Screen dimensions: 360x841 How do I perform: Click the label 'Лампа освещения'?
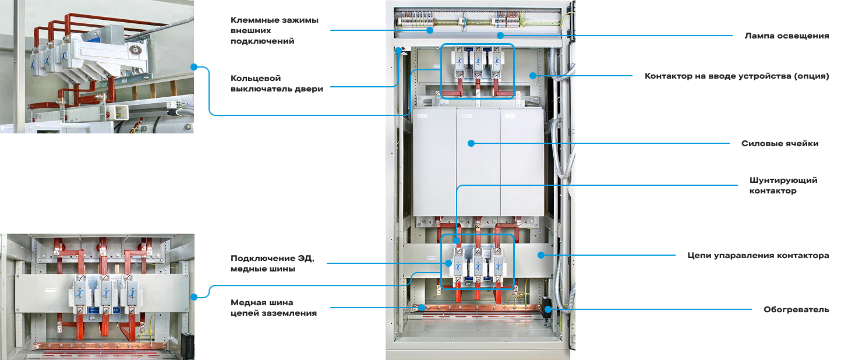tap(786, 36)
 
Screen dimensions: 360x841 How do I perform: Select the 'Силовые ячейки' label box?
tap(780, 143)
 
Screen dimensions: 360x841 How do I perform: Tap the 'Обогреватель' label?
tap(796, 309)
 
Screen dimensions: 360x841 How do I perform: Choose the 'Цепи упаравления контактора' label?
tap(758, 255)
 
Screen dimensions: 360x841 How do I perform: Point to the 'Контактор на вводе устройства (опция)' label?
tap(736, 76)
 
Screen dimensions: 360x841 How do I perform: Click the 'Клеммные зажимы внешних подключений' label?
tap(275, 30)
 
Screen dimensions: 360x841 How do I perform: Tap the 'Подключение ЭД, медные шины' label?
tap(272, 263)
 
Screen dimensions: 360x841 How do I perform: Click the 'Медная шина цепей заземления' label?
tap(274, 308)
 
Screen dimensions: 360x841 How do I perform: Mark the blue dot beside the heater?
tap(547, 309)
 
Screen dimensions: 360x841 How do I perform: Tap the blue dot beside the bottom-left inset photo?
tap(194, 297)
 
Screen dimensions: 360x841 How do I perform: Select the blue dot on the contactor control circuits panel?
tap(540, 255)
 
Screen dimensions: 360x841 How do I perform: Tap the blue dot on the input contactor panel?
tap(533, 75)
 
